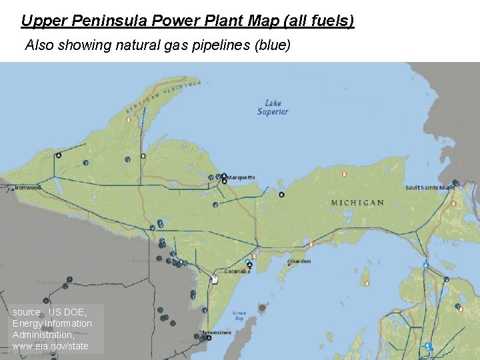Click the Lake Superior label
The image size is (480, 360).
[273, 107]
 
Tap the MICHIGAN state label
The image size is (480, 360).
[357, 203]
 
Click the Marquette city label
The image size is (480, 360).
[241, 177]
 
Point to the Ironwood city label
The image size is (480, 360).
[28, 187]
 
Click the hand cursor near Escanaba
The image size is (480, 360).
[214, 279]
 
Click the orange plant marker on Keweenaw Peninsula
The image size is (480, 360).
[129, 120]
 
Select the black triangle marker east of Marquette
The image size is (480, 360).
[282, 195]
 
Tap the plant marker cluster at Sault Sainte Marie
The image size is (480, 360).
[455, 183]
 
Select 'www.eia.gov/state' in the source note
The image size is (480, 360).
[51, 346]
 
